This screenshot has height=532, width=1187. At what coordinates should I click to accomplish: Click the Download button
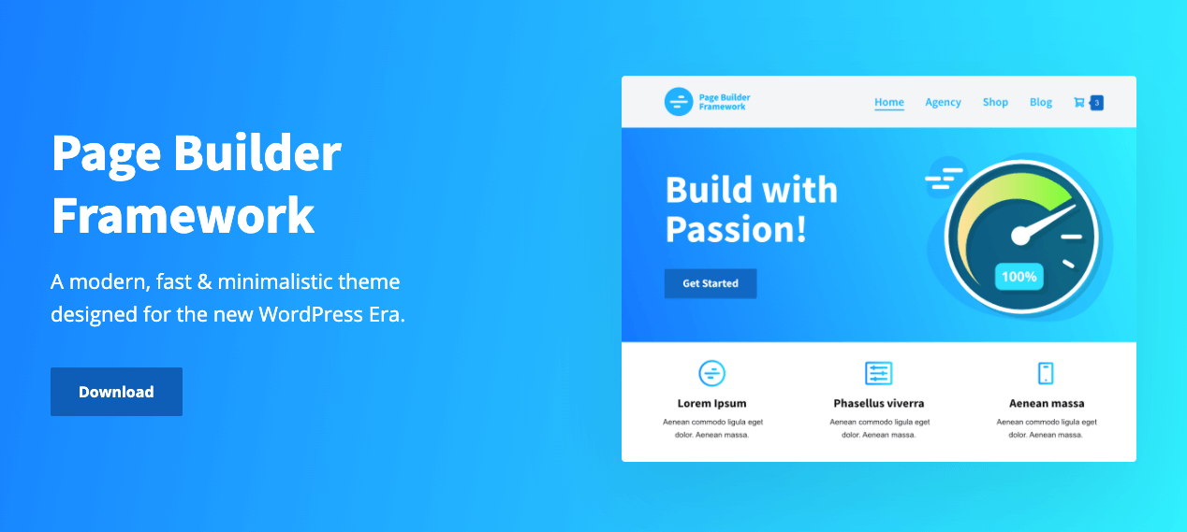click(117, 392)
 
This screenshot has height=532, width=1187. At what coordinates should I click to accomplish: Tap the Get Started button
click(711, 283)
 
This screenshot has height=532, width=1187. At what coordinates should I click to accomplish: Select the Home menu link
click(889, 102)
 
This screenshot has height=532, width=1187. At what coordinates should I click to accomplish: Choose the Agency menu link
click(944, 102)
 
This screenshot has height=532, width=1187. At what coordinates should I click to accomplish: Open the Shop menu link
click(995, 102)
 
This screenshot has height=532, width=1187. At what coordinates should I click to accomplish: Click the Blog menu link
click(1041, 102)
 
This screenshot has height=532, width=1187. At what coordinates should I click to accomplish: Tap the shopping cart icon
click(1079, 102)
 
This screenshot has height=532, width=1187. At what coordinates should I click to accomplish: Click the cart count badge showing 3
click(1096, 103)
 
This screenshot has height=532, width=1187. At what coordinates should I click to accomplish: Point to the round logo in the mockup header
click(679, 102)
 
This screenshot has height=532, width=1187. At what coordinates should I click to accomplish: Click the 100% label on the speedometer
click(1019, 277)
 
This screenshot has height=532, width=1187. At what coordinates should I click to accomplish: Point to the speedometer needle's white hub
click(1020, 236)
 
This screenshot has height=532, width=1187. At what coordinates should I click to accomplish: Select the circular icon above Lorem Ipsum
click(711, 373)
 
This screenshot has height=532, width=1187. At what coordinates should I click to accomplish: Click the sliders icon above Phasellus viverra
click(879, 373)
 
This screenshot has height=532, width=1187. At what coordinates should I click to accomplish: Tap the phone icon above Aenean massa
click(1046, 373)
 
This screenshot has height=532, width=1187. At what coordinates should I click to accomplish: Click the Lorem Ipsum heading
click(711, 403)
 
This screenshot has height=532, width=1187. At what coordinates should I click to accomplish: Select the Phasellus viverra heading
click(879, 403)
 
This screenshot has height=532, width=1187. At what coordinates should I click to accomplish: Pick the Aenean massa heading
click(1047, 403)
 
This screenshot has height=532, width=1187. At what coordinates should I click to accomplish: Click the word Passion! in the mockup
click(736, 229)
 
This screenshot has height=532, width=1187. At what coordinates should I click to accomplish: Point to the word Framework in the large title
click(183, 215)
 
